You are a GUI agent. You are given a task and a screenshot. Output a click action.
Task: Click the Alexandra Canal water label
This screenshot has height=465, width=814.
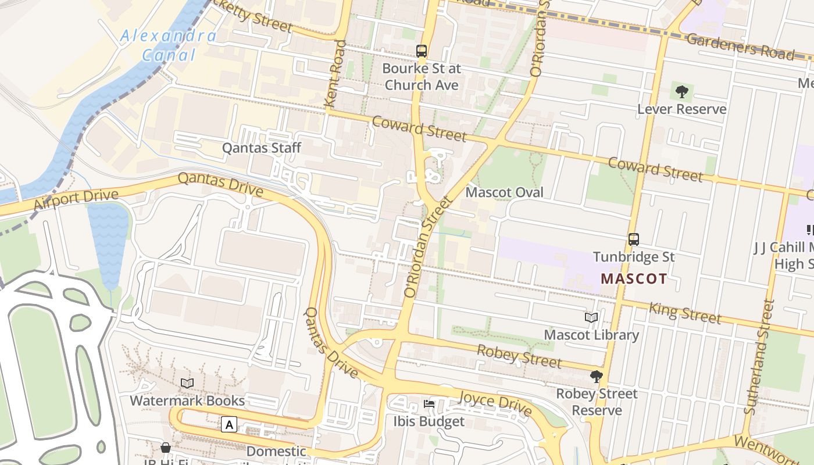coord(168,45)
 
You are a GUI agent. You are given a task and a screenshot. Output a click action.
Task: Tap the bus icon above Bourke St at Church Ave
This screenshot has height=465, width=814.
coord(422,51)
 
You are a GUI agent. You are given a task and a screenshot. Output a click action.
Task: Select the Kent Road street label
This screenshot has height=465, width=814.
coord(335,73)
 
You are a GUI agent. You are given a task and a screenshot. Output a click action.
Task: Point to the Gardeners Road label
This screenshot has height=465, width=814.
coord(740,46)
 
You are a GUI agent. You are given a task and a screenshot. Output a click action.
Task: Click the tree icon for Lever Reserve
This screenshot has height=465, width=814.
coord(682,91)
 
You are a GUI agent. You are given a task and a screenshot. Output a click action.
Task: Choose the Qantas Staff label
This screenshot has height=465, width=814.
coord(262,148)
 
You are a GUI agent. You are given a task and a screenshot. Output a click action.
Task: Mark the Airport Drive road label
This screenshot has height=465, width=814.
coord(76,199)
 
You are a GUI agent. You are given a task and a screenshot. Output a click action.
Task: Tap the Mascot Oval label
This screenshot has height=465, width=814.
coord(505,192)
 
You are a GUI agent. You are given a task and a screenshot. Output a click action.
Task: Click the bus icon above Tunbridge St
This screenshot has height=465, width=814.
coord(634,239)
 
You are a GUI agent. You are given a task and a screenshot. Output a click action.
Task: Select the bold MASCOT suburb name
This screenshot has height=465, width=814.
coord(633,278)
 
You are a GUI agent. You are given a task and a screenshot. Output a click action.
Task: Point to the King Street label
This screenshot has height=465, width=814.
coord(685,313)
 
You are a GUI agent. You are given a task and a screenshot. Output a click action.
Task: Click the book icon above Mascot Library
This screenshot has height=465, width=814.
coord(591,318)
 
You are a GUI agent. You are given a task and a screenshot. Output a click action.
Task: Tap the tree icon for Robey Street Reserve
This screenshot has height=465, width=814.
coord(597,377)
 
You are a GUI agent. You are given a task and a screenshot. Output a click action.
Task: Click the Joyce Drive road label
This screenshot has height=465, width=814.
coord(495,403)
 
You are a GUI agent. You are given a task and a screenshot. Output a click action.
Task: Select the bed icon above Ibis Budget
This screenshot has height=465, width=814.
coord(429,404)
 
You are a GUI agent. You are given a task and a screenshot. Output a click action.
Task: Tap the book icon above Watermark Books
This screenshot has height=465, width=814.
coord(187,383)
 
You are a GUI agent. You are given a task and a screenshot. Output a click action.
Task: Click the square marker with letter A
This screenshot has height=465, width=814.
coord(230,425)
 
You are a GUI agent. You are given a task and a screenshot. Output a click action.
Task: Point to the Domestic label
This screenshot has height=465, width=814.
coord(276,451)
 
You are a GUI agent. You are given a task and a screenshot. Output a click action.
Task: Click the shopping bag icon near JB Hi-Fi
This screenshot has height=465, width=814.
coord(166,448)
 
